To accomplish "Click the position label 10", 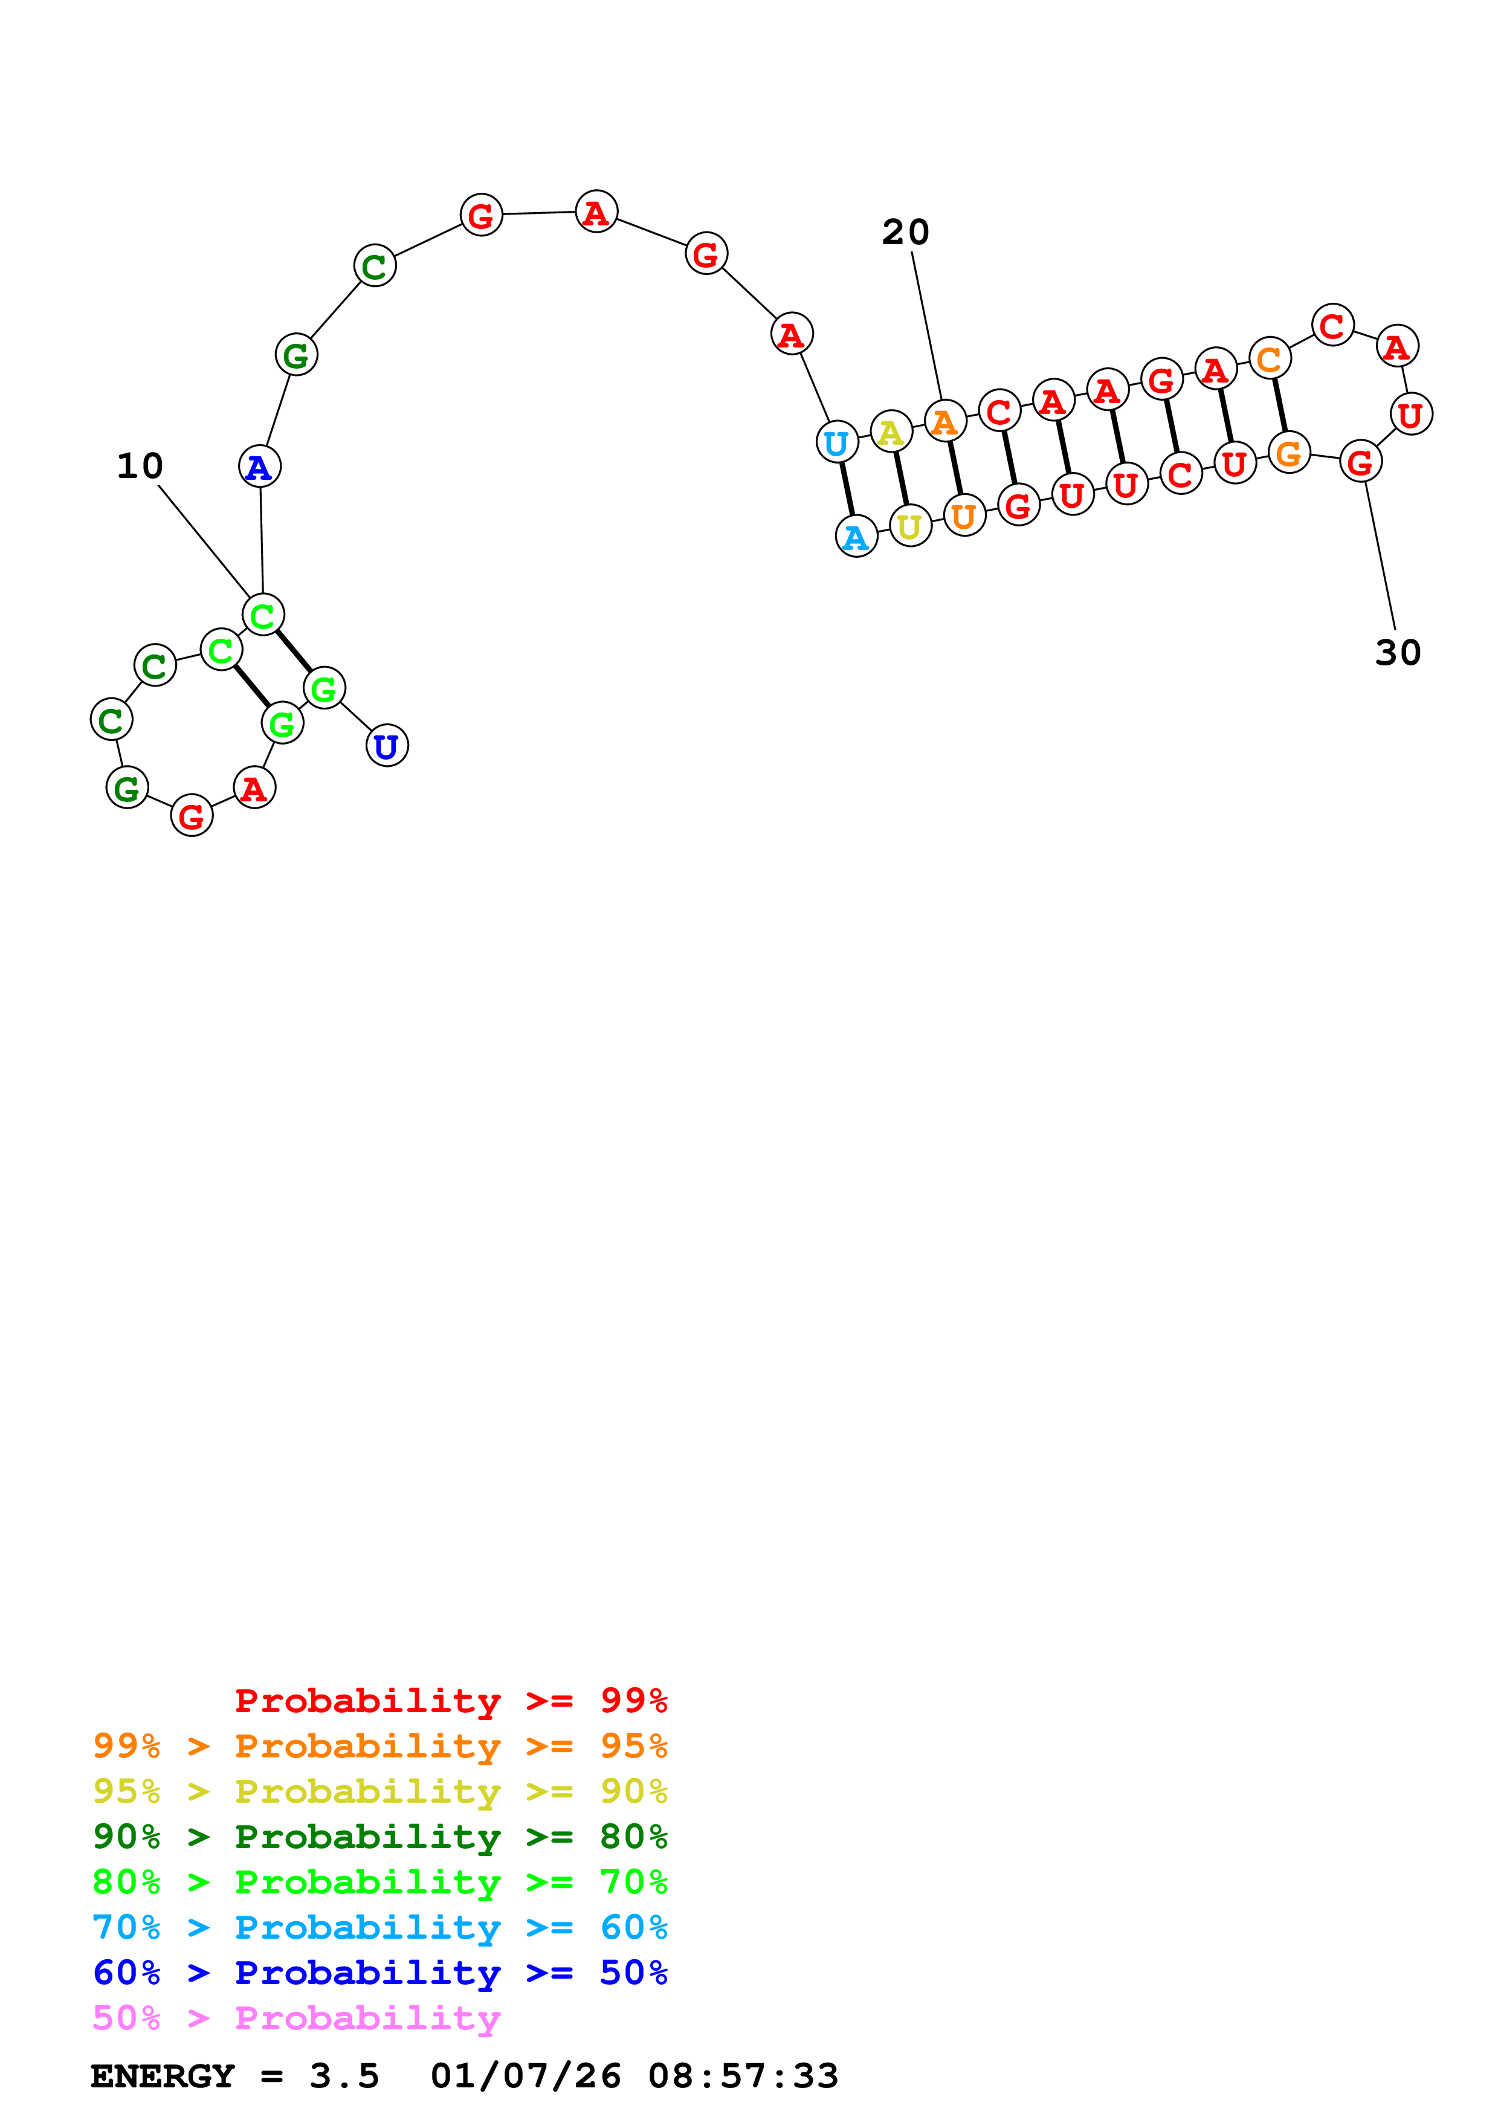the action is point(140,467).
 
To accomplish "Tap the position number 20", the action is point(905,233).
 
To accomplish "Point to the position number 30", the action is point(1398,653).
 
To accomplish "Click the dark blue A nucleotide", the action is point(259,467).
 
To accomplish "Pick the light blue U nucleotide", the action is point(836,443).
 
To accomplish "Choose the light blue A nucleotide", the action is point(856,537).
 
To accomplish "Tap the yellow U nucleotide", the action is point(910,526).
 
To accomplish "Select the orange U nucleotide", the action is point(964,516).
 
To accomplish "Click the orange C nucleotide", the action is point(1270,359).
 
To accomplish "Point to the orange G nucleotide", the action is point(1288,453).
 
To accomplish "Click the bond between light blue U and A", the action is point(847,490).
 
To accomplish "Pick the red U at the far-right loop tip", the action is point(1410,415).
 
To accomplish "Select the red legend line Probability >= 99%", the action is point(450,1701).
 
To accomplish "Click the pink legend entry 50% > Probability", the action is point(296,2018).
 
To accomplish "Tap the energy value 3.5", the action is point(343,2076).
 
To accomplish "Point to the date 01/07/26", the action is point(525,2076).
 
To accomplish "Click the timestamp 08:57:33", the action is point(743,2076).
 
